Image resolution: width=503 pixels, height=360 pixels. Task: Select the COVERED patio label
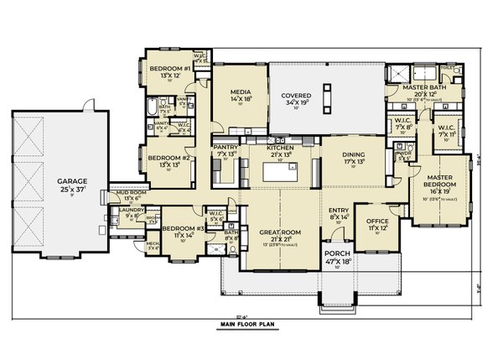point(297,96)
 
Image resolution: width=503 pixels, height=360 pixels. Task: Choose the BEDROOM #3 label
point(179,228)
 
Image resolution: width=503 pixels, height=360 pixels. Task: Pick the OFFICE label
point(377,222)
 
